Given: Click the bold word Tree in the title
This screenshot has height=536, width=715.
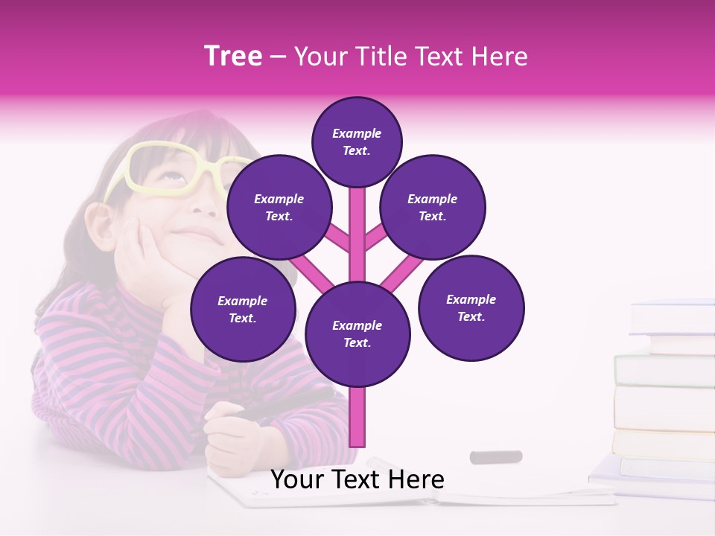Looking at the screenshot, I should pos(233,57).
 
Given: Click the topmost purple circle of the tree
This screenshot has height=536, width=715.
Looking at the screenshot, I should pos(357,141).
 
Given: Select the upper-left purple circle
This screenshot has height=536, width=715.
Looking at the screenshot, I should pos(279,207).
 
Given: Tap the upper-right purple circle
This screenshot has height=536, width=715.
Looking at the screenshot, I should pos(433,207).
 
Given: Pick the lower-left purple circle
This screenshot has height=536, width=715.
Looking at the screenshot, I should pos(243,309).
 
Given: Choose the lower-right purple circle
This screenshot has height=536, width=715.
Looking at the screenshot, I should pos(471,307).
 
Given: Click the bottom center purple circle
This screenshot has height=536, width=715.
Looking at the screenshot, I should pos(357,334).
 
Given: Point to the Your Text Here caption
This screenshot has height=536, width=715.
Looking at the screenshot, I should pos(357,479).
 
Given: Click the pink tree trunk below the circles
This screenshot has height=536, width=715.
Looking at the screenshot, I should pos(357,417).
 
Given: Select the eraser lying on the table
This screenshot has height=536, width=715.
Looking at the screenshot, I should pos(495,456).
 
